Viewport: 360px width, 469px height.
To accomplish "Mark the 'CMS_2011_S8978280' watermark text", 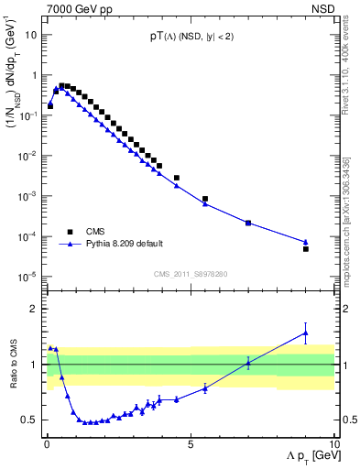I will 190,273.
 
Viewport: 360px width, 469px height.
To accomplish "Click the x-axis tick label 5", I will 190,444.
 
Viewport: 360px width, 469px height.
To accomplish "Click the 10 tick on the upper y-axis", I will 31,35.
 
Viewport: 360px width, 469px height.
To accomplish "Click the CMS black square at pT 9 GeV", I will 306,248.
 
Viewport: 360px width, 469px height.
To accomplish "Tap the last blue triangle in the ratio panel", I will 306,333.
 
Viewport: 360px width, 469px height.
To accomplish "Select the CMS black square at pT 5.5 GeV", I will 205,199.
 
